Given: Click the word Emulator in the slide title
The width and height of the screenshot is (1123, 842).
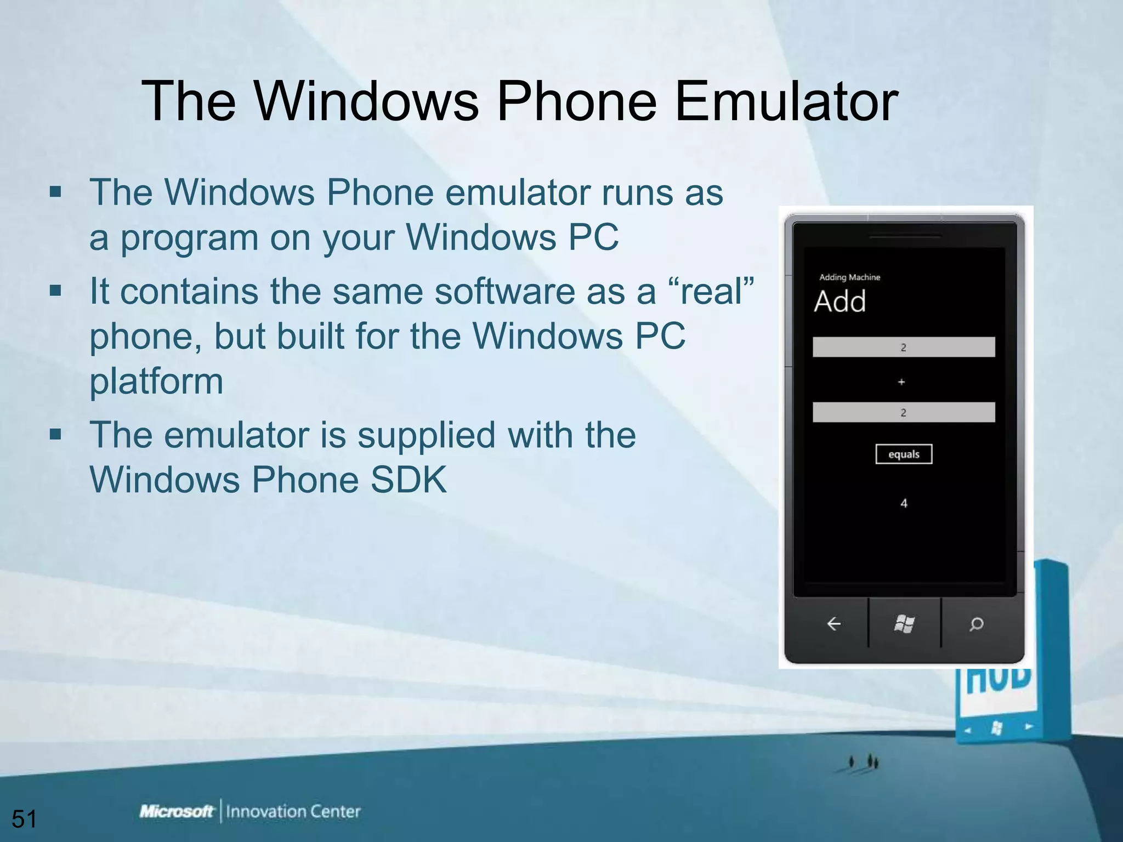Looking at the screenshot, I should [x=786, y=101].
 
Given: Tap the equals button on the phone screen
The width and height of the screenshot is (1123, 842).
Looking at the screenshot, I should [x=904, y=454].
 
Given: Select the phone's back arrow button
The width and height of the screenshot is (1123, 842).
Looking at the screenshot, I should [x=833, y=624].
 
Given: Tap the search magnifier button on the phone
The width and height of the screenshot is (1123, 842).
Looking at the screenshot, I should [x=976, y=624].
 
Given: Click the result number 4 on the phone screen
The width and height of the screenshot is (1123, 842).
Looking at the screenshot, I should [x=904, y=503].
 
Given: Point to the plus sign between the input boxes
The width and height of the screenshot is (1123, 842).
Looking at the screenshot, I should [x=901, y=382].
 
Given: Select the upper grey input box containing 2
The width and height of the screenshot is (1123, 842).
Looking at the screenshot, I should [x=904, y=347].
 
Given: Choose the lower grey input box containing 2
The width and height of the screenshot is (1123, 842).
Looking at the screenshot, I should [x=904, y=412].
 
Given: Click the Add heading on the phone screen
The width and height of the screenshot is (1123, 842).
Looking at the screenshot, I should [x=840, y=301].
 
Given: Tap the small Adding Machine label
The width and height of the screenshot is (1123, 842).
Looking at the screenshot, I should [x=849, y=277].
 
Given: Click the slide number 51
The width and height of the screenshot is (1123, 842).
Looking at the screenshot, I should [x=24, y=819].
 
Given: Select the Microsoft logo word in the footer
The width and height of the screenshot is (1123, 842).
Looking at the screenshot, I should [x=176, y=811].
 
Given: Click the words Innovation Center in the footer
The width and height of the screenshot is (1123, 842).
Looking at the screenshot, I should [x=293, y=811].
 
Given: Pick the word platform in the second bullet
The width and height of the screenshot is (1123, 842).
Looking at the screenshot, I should [x=156, y=381].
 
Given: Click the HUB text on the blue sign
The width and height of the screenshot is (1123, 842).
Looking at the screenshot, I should [x=997, y=680].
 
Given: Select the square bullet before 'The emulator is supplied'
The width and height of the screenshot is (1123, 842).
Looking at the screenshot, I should [x=55, y=434].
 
